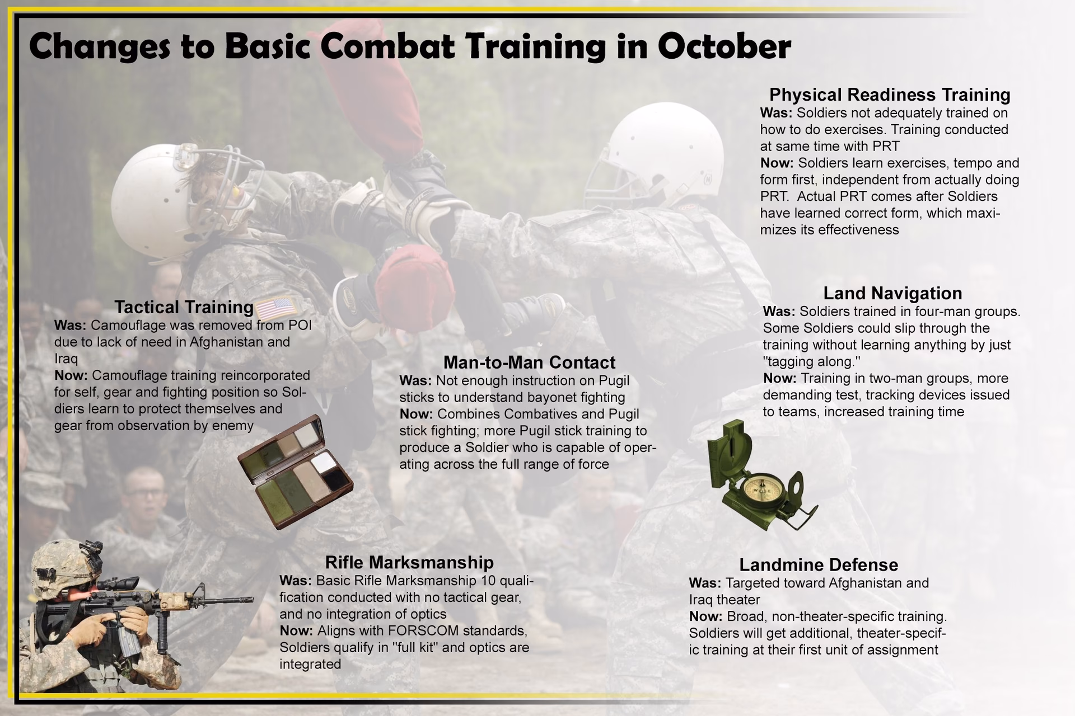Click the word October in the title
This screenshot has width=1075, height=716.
coord(724,46)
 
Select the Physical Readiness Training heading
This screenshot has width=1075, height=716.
coord(890,95)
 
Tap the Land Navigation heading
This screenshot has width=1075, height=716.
coord(892,293)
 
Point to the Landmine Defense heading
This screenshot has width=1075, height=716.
coord(819,564)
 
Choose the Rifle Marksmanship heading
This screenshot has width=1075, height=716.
coord(409,562)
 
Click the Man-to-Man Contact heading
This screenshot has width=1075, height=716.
coord(529,362)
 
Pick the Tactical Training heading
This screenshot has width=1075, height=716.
coord(184,307)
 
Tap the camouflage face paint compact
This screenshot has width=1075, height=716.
coord(295,472)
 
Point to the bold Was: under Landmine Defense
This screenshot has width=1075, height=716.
coord(705,583)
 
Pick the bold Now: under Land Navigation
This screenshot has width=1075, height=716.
coord(779,379)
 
